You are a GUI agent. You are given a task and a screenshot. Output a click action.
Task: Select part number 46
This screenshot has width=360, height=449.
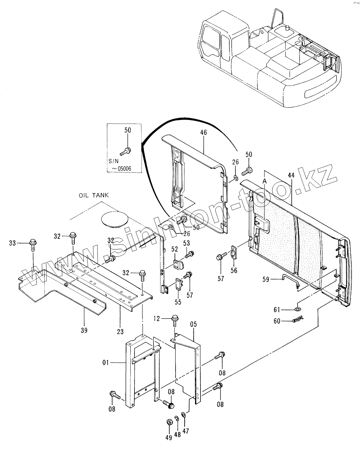[x=203, y=133]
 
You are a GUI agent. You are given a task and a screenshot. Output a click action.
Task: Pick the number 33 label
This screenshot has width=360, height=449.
[x=12, y=243]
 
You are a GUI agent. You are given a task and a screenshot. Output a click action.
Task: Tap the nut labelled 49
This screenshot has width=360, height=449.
[x=169, y=423]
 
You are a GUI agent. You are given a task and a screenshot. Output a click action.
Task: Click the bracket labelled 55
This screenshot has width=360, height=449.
[x=179, y=285]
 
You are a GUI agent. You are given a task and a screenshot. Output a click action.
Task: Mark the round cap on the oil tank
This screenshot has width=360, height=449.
[x=114, y=220]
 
